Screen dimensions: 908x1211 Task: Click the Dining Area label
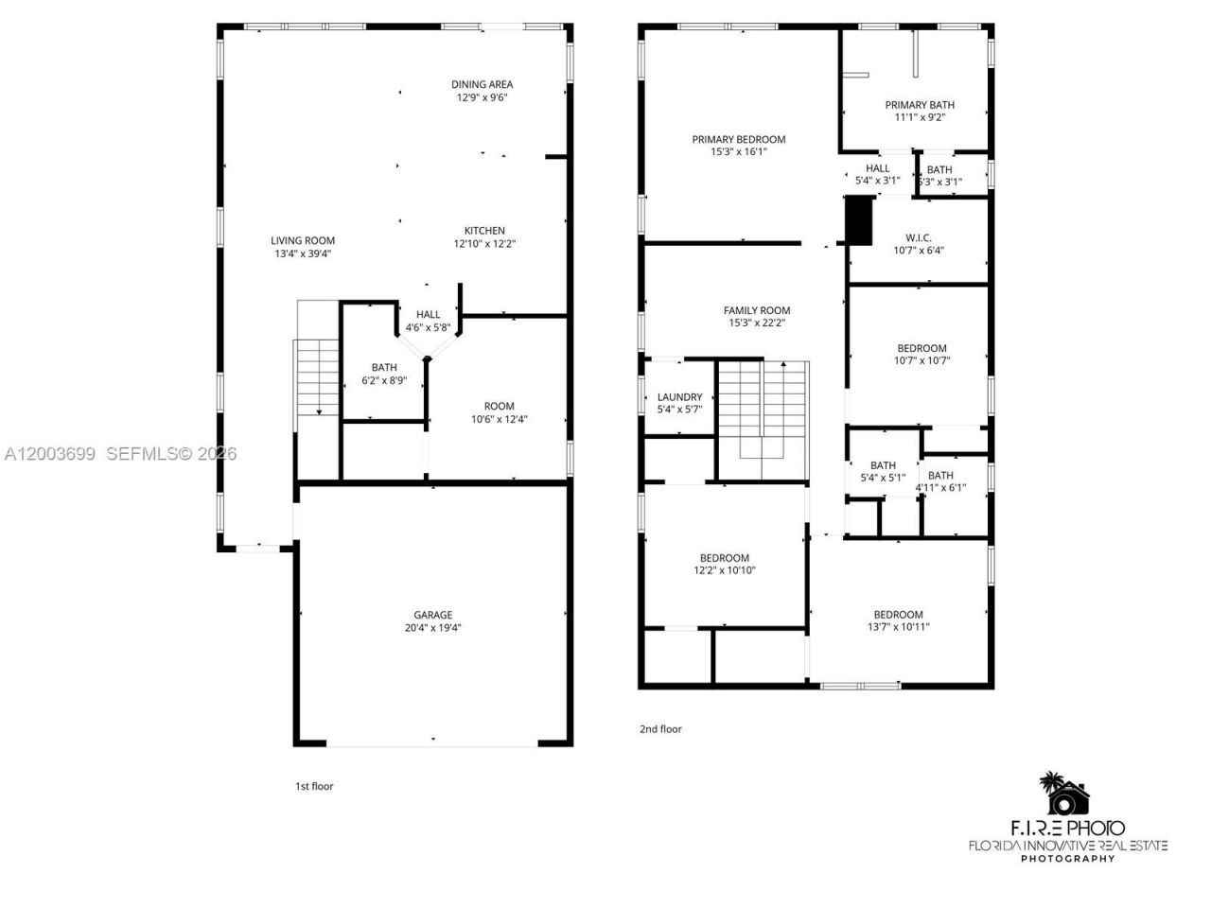click(482, 84)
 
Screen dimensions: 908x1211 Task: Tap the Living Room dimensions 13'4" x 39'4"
click(303, 253)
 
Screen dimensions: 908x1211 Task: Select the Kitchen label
click(484, 231)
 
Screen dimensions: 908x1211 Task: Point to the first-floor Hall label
click(428, 315)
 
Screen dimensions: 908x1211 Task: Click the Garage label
click(432, 615)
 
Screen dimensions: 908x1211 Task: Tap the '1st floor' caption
click(314, 786)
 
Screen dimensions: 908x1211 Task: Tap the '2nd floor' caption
click(660, 729)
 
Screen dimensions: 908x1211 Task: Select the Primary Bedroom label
click(738, 139)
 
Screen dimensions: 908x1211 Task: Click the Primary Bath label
click(920, 105)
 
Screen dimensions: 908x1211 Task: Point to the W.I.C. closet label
click(919, 238)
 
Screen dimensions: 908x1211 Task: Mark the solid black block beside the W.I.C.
click(858, 220)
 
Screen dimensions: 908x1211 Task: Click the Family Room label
click(757, 310)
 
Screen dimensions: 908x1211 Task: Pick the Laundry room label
click(679, 397)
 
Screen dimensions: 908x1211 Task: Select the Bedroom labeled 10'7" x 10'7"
click(921, 348)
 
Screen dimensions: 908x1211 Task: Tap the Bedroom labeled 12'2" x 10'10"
click(725, 558)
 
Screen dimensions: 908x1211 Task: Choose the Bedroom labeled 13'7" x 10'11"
click(898, 614)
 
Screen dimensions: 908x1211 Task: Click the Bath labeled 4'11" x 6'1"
click(940, 476)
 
